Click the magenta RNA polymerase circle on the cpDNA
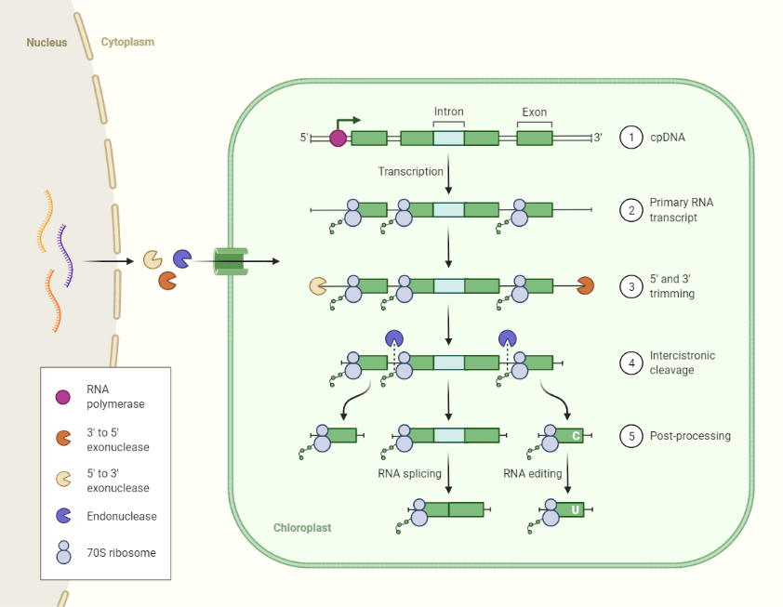[x=338, y=139]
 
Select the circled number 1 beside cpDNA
[x=631, y=138]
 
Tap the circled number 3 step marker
[x=631, y=286]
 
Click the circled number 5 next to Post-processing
[x=631, y=435]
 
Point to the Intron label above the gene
[x=448, y=112]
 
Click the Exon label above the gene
[x=534, y=112]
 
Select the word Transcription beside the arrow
[x=410, y=172]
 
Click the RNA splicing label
[x=409, y=473]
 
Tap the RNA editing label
[x=532, y=473]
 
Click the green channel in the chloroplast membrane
[x=230, y=261]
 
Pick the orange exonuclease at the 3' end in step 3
[x=585, y=286]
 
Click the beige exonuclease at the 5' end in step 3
[x=318, y=286]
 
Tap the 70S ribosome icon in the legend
[x=63, y=552]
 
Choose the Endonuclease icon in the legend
[x=63, y=515]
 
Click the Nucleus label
[x=46, y=42]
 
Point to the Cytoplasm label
[x=127, y=42]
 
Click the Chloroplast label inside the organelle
[x=301, y=528]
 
